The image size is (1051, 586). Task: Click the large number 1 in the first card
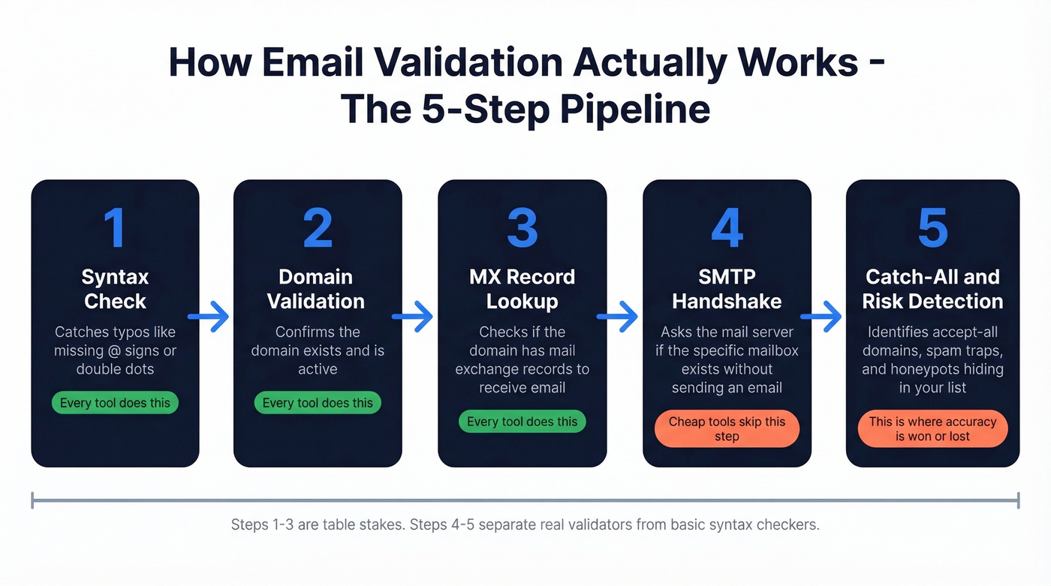(x=115, y=227)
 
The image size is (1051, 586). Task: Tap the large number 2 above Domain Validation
(x=318, y=227)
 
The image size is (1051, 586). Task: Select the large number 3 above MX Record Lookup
(x=522, y=227)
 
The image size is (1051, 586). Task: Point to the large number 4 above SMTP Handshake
(x=727, y=227)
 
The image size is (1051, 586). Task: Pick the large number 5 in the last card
(x=932, y=227)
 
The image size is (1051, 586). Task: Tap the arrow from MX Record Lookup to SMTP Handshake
(x=617, y=317)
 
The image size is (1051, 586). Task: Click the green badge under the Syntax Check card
(x=115, y=403)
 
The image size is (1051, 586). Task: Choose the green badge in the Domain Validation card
(x=318, y=403)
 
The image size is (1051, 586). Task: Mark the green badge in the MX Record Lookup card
(x=522, y=422)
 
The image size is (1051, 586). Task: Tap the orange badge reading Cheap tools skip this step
(x=727, y=429)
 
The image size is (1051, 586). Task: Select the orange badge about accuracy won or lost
(x=932, y=429)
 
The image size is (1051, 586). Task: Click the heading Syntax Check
(x=115, y=289)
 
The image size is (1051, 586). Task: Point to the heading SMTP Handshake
(x=727, y=289)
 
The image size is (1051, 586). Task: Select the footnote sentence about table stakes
(x=525, y=524)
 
